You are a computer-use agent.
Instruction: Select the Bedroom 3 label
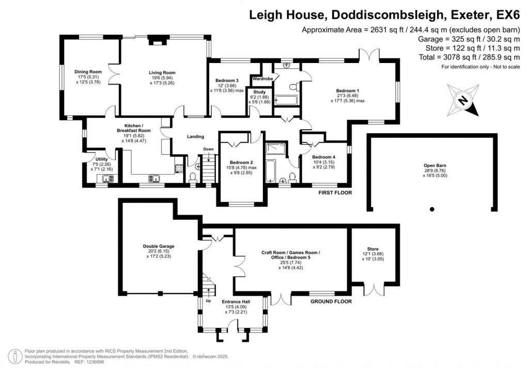pyautogui.click(x=227, y=81)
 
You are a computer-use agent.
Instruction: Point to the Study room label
pyautogui.click(x=259, y=92)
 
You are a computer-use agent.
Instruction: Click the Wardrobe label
pyautogui.click(x=261, y=80)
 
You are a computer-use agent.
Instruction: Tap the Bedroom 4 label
pyautogui.click(x=323, y=157)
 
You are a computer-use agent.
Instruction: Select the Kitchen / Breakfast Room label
pyautogui.click(x=130, y=128)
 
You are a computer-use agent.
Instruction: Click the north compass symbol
pyautogui.click(x=464, y=101)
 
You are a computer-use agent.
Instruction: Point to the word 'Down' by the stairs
pyautogui.click(x=208, y=149)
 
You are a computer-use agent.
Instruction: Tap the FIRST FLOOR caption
pyautogui.click(x=335, y=193)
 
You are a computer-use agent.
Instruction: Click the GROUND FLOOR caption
pyautogui.click(x=331, y=301)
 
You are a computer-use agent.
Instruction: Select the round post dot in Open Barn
pyautogui.click(x=432, y=210)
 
